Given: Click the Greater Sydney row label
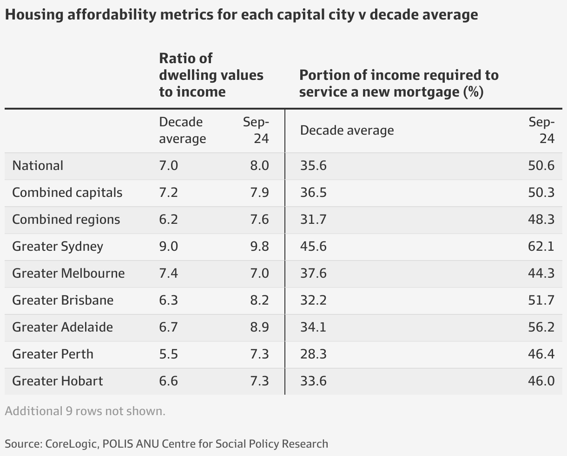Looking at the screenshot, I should (x=58, y=246).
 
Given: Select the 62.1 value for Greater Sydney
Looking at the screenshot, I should (x=541, y=246).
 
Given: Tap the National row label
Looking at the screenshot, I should (x=38, y=166).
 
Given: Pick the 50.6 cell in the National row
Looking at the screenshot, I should (x=541, y=166).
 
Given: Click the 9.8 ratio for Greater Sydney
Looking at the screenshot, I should (x=259, y=246).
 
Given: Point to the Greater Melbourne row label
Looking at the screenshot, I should (x=68, y=273).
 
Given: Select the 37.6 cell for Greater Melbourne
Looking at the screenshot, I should (x=313, y=273).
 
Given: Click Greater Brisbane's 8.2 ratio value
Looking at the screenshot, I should (x=259, y=300).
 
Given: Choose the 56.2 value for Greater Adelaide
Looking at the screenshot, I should (x=541, y=327).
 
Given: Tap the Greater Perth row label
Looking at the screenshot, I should (x=53, y=354).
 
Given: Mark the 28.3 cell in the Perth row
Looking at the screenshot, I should (x=313, y=354).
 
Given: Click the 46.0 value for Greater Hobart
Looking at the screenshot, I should (x=541, y=381).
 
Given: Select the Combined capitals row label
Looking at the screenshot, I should (x=67, y=193).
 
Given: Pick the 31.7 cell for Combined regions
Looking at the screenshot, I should (x=313, y=219).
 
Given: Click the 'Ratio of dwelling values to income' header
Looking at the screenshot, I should (x=211, y=75).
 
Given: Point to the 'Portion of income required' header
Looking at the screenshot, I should (x=399, y=84).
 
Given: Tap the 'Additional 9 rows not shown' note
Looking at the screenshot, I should (x=85, y=411).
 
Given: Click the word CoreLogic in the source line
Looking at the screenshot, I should (x=71, y=443).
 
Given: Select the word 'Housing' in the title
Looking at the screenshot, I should (x=34, y=15).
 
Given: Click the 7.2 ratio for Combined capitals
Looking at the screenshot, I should (x=168, y=193).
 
